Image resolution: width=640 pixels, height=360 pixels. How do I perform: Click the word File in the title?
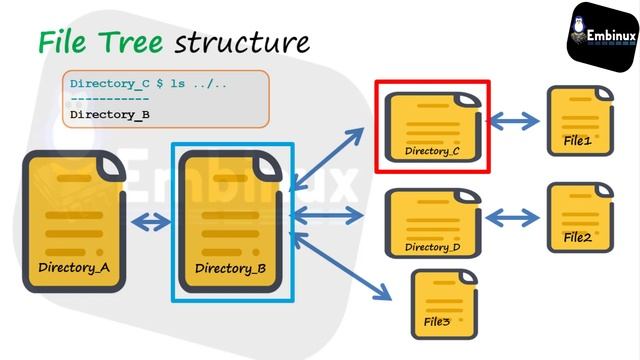point(66,42)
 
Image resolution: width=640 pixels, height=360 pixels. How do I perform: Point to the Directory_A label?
point(73,267)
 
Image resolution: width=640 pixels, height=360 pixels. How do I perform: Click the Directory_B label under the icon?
point(230,268)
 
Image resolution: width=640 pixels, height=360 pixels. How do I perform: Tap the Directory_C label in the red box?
point(432,151)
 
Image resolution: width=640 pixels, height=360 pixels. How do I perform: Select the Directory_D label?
point(432,246)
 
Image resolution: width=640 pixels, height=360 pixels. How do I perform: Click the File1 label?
point(577,142)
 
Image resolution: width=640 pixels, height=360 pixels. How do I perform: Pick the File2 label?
point(577,237)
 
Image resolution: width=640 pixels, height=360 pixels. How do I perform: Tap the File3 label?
point(437,322)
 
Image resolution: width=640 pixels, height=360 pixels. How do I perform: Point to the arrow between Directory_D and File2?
point(511,217)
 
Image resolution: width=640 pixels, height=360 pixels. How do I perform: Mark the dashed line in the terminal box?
point(109,99)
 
